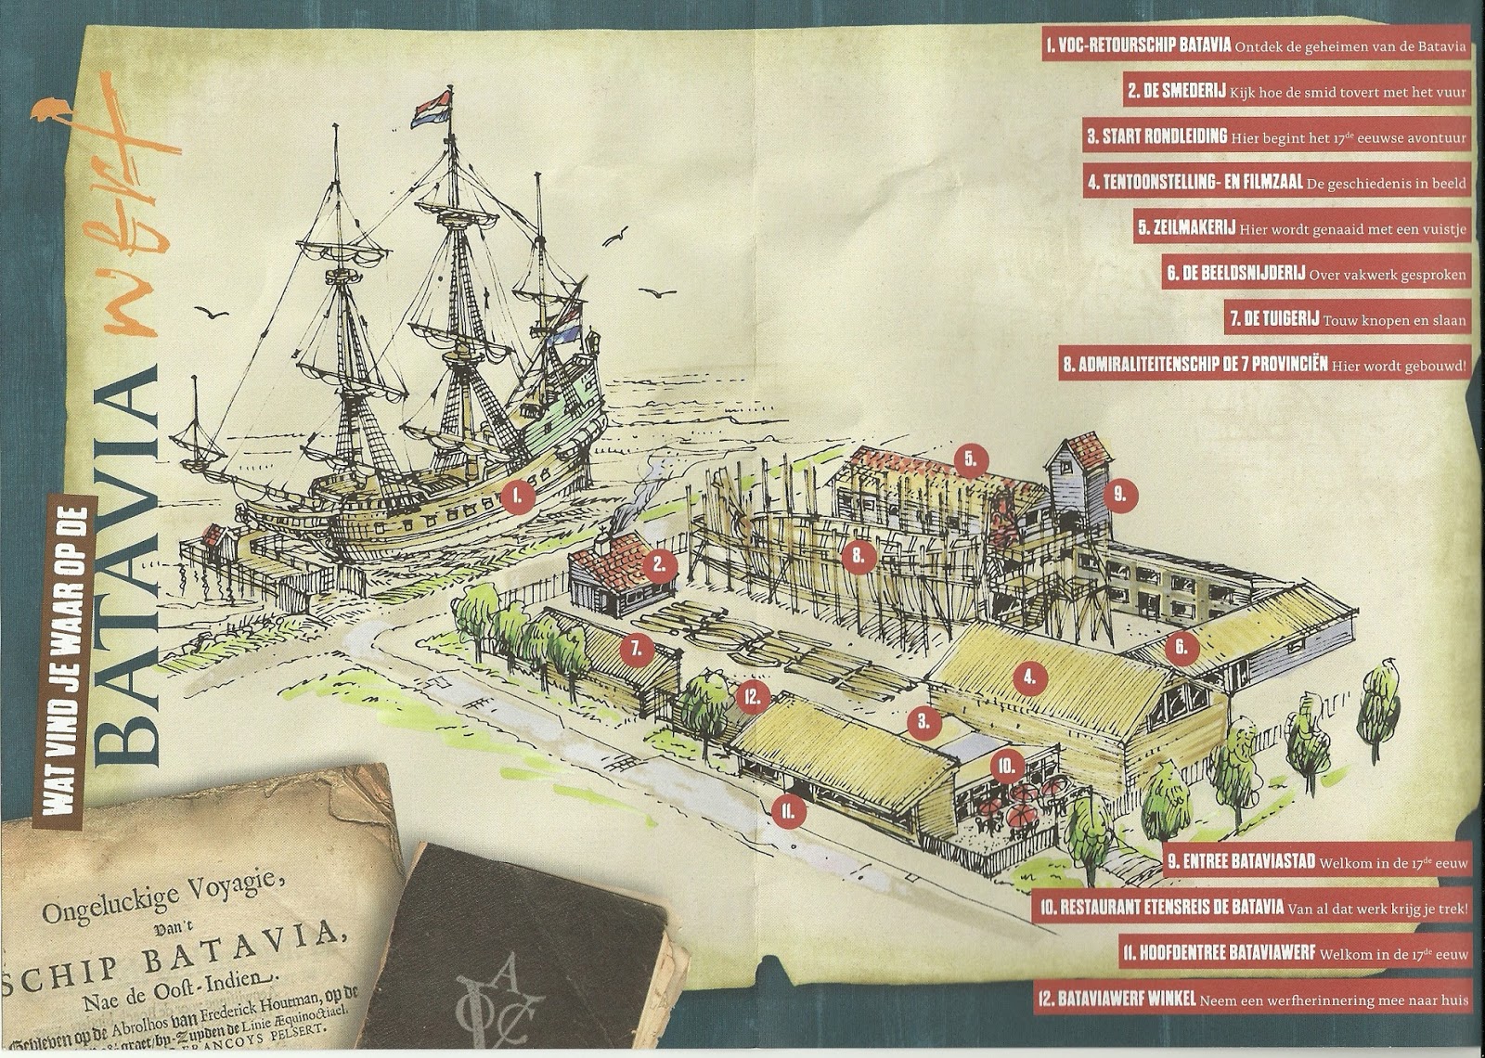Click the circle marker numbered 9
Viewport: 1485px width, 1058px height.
pos(1120,496)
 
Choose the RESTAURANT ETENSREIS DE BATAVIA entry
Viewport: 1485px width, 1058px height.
pos(1253,908)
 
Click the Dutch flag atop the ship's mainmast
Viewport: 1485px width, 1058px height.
pos(433,108)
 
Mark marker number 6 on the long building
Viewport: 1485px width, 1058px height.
pos(1181,647)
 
